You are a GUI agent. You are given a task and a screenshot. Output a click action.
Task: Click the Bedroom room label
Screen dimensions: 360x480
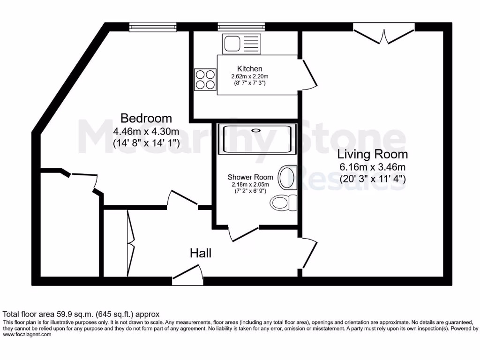pyautogui.click(x=146, y=118)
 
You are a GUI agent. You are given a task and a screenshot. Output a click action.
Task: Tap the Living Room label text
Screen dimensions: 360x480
pyautogui.click(x=373, y=154)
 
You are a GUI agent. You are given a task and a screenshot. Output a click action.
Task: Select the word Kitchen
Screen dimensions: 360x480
pyautogui.click(x=249, y=69)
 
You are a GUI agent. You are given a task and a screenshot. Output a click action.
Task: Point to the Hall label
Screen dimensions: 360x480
pyautogui.click(x=200, y=254)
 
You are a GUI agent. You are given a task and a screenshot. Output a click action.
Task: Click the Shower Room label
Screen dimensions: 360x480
pyautogui.click(x=250, y=177)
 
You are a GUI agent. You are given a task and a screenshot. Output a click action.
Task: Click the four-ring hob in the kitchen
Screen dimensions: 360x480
pyautogui.click(x=205, y=79)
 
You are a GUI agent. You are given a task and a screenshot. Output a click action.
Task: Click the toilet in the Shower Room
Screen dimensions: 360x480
pyautogui.click(x=284, y=202)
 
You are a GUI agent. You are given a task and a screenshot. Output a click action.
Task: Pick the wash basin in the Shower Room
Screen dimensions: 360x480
pyautogui.click(x=286, y=178)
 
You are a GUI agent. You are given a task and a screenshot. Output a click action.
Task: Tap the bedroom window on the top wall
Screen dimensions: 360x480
pyautogui.click(x=153, y=26)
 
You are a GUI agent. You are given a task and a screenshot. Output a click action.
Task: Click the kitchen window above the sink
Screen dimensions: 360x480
pyautogui.click(x=241, y=26)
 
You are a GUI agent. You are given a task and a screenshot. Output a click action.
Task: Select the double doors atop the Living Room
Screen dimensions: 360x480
pyautogui.click(x=384, y=33)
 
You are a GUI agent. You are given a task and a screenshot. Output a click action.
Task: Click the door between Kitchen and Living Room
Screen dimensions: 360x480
pyautogui.click(x=308, y=75)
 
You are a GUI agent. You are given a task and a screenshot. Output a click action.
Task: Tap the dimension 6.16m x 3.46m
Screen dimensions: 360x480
pyautogui.click(x=373, y=167)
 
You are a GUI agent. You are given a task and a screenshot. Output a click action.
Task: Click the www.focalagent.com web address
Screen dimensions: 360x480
pyautogui.click(x=27, y=335)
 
